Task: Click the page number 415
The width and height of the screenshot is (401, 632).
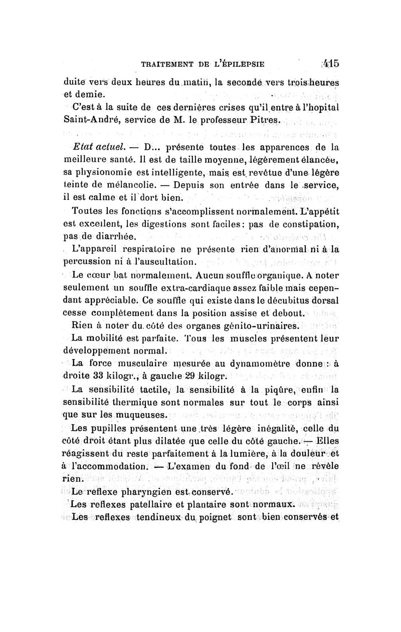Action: pos(331,64)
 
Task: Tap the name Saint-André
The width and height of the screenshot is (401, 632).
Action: pos(91,121)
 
